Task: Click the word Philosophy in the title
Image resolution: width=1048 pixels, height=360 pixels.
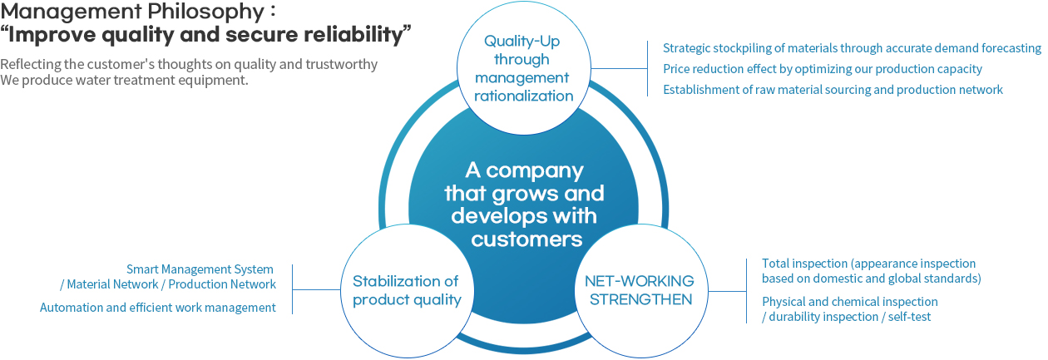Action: (203, 12)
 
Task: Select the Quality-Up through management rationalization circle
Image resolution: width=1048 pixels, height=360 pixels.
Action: (523, 68)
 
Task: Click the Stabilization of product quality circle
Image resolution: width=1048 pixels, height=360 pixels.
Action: (407, 291)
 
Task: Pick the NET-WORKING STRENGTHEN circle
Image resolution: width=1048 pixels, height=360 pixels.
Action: (641, 291)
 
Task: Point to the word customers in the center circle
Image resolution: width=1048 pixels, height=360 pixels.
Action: (526, 239)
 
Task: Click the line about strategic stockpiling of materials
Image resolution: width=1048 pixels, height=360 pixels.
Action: (852, 48)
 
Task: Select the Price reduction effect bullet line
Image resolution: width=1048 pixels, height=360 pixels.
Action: (823, 69)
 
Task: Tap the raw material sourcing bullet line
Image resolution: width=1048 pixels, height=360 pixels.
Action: (833, 90)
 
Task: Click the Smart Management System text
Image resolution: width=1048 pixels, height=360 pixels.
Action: (200, 269)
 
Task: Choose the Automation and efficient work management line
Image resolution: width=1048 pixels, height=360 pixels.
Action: (158, 308)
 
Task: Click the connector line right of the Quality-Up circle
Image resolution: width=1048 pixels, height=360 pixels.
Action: (620, 69)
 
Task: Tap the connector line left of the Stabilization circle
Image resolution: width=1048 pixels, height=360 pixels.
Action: (316, 290)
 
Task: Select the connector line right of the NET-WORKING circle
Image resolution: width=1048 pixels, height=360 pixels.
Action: (728, 291)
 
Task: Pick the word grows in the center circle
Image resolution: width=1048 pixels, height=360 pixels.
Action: (526, 194)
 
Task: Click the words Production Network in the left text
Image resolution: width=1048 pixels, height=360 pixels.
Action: (222, 284)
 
